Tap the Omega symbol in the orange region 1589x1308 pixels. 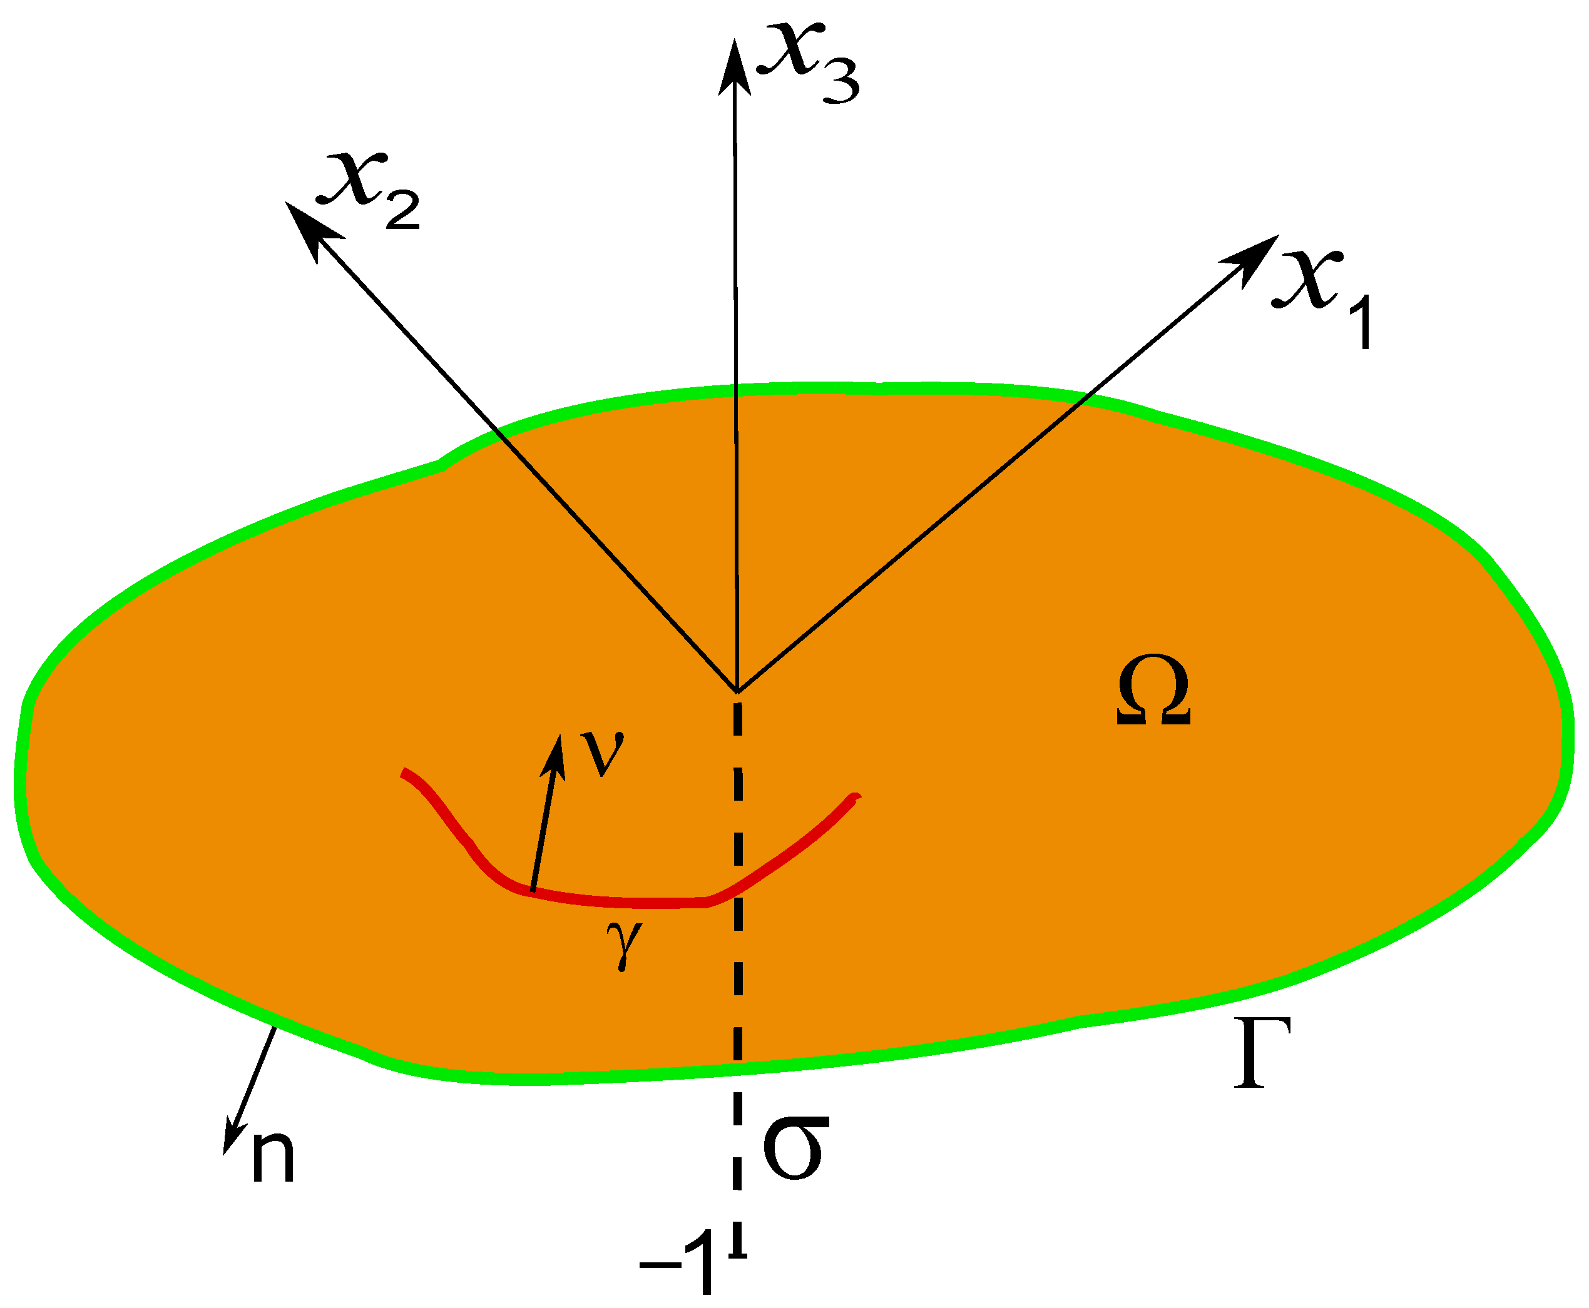[1153, 691]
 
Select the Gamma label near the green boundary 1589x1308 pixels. [1262, 1052]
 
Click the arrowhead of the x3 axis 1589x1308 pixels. [733, 64]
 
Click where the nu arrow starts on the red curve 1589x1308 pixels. [532, 891]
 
